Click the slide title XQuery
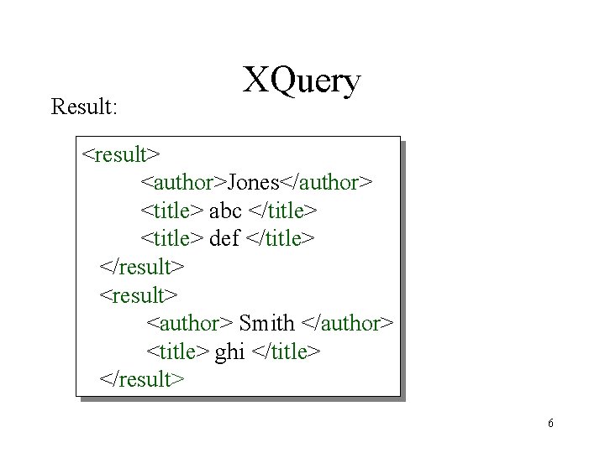[x=302, y=82]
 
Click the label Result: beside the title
[x=85, y=107]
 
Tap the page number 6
[x=550, y=423]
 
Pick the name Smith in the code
[x=267, y=323]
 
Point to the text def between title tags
[x=224, y=239]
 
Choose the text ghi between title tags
[x=229, y=351]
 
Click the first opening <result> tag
[x=122, y=154]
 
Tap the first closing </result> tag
[x=142, y=267]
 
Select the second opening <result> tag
[x=139, y=295]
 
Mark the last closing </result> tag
[x=142, y=379]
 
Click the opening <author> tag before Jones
[x=184, y=182]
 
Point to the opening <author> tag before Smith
[x=191, y=323]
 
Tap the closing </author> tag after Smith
[x=347, y=323]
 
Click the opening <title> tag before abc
[x=172, y=211]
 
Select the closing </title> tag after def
[x=281, y=239]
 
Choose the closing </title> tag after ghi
[x=287, y=351]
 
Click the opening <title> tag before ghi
[x=178, y=351]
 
